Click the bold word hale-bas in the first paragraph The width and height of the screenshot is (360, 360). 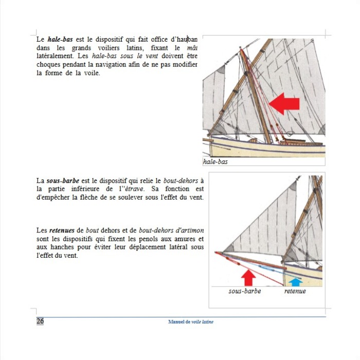coord(60,39)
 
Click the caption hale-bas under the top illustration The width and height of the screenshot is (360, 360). coord(215,161)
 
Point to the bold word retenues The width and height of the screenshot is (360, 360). coord(62,230)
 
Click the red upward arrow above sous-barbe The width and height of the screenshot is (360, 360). coord(248,277)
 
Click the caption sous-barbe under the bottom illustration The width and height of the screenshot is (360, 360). coord(245,291)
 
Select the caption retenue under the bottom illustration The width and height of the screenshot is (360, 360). coord(295,291)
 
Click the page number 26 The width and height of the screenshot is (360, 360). coord(40,321)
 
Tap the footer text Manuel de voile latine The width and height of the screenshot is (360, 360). coord(190,321)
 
